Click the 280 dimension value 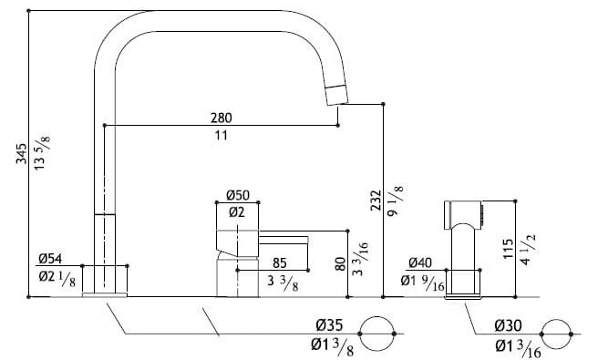pos(221,118)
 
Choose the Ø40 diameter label pos(420,262)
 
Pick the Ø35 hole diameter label pos(329,325)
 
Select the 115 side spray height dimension pos(509,251)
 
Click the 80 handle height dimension pos(340,265)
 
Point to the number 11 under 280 pos(221,134)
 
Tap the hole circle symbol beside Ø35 pos(378,334)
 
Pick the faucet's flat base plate pos(107,294)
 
